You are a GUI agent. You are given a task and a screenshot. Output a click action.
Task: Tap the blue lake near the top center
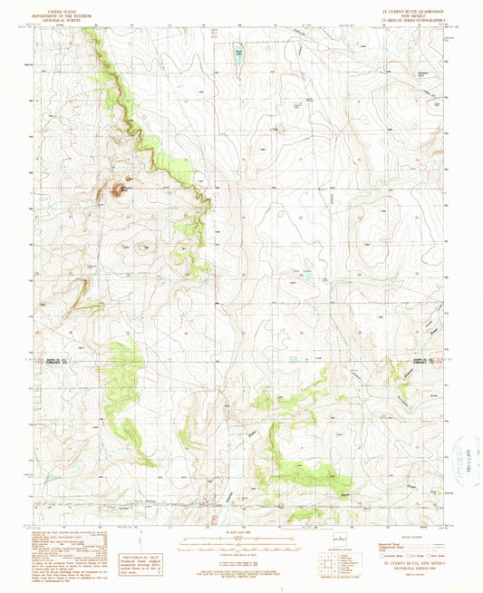[x=239, y=53]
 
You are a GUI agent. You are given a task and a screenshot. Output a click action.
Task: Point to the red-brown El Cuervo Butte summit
[x=118, y=190]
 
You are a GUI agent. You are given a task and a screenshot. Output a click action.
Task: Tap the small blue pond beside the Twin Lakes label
[x=309, y=273]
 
